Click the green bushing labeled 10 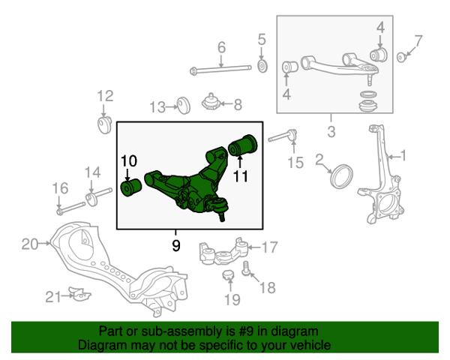point(130,187)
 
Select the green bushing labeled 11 point(243,145)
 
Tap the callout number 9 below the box point(176,245)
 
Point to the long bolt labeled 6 point(220,70)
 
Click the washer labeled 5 point(262,66)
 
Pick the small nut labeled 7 point(400,57)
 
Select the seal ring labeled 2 point(341,176)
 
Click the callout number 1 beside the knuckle point(403,156)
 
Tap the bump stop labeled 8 point(211,102)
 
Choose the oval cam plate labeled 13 point(184,106)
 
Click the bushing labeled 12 point(104,125)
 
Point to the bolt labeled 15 point(283,136)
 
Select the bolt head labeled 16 point(60,211)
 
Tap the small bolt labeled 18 point(245,268)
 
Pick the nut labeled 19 point(229,275)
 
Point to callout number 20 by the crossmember point(30,244)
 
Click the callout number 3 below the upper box point(331,132)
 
